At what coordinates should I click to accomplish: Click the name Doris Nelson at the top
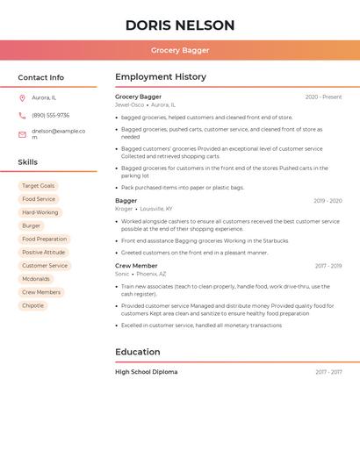coord(180,25)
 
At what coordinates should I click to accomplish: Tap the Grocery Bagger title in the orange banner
coord(180,50)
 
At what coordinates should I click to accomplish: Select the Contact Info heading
coord(41,77)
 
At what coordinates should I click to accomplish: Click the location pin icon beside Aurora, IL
coord(22,97)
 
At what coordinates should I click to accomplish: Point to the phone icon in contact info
coord(22,115)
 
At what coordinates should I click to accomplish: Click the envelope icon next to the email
coord(22,134)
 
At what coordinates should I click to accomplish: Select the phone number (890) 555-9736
coord(50,115)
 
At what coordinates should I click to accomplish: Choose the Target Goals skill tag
coord(38,186)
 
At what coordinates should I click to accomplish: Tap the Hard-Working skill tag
coord(40,212)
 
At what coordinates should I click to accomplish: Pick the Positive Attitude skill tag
coord(44,253)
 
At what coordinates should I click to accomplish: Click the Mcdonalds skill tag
coord(36,279)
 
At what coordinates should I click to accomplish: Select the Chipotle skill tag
coord(32,305)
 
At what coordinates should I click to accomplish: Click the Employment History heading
coord(161,77)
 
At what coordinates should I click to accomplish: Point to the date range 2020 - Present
coord(323,97)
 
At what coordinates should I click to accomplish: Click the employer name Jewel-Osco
coord(129,104)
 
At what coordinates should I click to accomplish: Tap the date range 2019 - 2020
coord(328,201)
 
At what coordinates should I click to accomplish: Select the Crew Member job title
coord(136,266)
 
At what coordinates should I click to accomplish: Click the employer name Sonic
coord(122,274)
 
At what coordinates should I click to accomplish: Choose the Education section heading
coord(138,352)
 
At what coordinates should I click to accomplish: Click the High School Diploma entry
coord(146,372)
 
